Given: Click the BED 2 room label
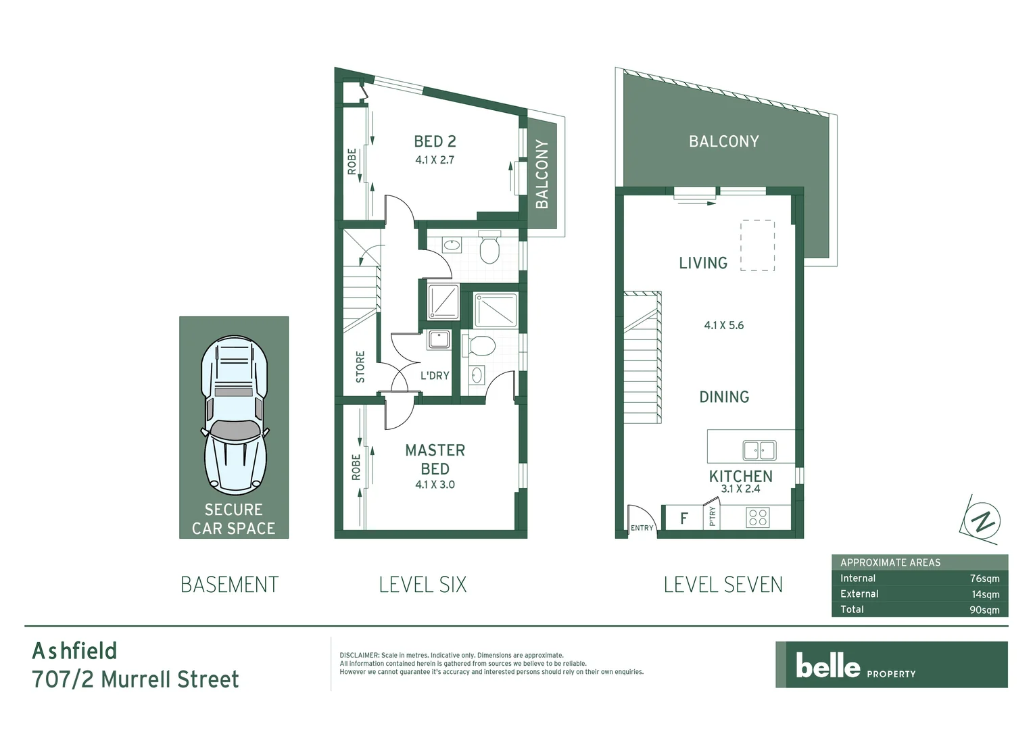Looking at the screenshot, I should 435,141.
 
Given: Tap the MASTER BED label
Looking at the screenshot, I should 435,459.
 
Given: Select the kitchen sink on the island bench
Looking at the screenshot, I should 759,449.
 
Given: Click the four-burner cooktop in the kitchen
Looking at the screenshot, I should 758,518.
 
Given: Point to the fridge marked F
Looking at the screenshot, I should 684,518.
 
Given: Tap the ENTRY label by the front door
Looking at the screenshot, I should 642,528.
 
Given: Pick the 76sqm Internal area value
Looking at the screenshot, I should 984,579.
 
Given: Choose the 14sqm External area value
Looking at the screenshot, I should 985,594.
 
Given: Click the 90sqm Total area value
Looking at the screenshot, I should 984,610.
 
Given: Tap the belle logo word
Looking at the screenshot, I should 827,665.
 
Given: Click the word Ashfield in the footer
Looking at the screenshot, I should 74,651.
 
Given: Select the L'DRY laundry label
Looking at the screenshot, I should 435,375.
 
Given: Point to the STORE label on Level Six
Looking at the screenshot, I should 360,367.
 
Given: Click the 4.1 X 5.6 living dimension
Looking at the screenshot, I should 723,325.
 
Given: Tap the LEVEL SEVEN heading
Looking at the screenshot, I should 723,585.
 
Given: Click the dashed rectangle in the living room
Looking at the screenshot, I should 757,245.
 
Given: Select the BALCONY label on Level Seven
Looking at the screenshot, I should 723,141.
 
